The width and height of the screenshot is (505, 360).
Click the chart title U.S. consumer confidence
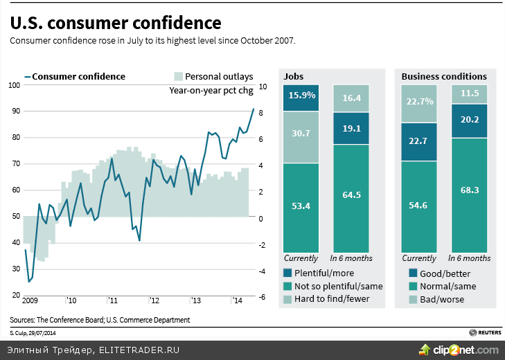115,23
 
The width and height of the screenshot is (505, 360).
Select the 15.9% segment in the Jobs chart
300,98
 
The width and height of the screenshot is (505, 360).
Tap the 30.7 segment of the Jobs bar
300,137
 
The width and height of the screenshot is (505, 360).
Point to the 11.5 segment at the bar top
470,94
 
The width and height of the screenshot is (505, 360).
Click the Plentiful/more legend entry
324,273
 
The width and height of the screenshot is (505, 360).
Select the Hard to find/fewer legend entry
331,298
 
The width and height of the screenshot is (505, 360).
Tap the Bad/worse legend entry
441,299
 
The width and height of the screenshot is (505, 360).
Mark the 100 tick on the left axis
15,85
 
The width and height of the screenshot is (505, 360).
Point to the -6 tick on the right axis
262,297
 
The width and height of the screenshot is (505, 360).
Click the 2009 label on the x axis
30,300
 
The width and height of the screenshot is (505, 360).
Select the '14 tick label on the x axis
236,300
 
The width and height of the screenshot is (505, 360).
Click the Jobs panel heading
294,76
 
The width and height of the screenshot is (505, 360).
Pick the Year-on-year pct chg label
211,90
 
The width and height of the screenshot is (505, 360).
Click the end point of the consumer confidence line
253,109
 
